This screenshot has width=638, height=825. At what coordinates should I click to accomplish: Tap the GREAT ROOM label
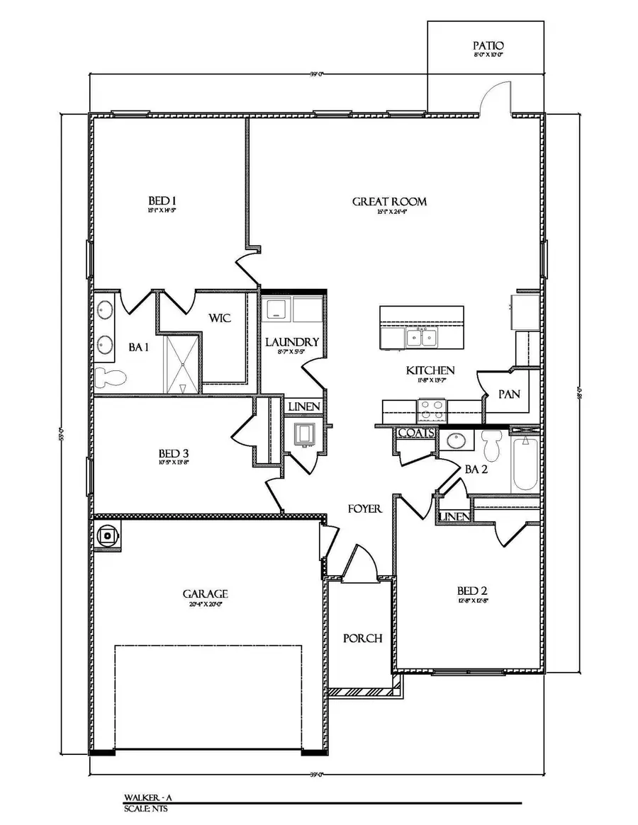[x=389, y=202]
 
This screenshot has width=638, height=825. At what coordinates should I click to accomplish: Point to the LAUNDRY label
[x=292, y=343]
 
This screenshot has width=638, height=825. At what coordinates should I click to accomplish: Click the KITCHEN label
[x=430, y=370]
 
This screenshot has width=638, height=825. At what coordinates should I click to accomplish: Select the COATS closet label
[x=416, y=433]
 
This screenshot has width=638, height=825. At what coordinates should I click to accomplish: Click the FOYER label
[x=365, y=508]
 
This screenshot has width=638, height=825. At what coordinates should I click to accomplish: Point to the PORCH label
[x=363, y=638]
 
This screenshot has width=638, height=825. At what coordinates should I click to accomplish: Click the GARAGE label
[x=205, y=593]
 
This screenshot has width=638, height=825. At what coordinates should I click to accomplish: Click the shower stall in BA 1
[x=183, y=364]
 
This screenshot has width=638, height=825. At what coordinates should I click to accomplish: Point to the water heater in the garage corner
[x=108, y=536]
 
